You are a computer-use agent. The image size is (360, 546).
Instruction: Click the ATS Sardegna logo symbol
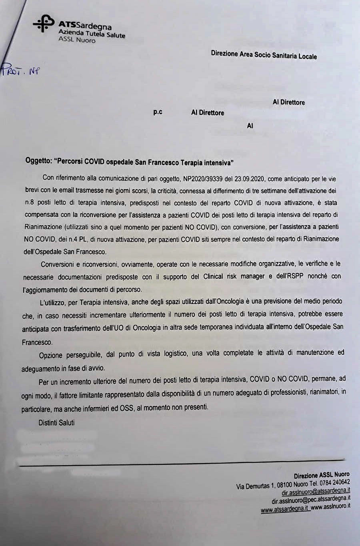pyautogui.click(x=43, y=24)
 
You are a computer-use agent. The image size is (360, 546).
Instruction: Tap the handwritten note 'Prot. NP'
pyautogui.click(x=20, y=71)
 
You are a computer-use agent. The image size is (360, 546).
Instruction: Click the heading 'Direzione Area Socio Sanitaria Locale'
pyautogui.click(x=264, y=55)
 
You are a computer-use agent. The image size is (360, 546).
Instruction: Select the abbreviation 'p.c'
pyautogui.click(x=158, y=112)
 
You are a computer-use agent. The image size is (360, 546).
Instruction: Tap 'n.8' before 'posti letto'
pyautogui.click(x=30, y=202)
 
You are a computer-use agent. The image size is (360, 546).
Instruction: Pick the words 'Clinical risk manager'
pyautogui.click(x=234, y=276)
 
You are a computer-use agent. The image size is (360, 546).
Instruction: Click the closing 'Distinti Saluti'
pyautogui.click(x=56, y=422)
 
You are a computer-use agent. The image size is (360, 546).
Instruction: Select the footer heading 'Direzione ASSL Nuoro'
pyautogui.click(x=322, y=475)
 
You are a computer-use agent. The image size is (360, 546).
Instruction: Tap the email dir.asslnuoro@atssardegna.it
pyautogui.click(x=316, y=491)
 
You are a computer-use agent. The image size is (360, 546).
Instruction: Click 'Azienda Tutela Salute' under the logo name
pyautogui.click(x=92, y=34)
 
